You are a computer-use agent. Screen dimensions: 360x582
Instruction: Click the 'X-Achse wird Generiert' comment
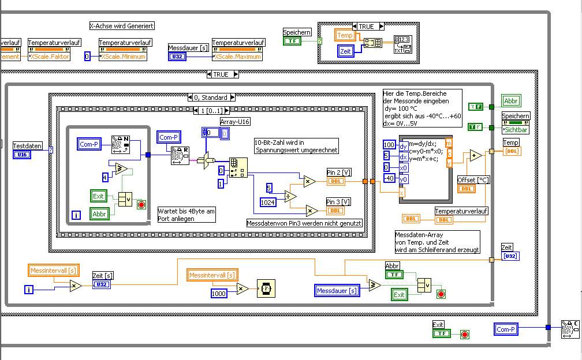pyautogui.click(x=122, y=26)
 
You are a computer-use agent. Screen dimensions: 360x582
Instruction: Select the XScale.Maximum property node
pyautogui.click(x=238, y=57)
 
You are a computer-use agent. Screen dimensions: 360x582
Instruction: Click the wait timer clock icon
pyautogui.click(x=266, y=288)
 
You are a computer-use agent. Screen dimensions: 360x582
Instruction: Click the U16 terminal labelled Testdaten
pyautogui.click(x=22, y=155)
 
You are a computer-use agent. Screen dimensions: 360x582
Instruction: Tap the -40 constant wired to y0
pyautogui.click(x=389, y=178)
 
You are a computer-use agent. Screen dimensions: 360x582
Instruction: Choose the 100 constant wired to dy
pyautogui.click(x=389, y=145)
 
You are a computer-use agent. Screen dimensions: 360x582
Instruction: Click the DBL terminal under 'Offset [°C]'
pyautogui.click(x=467, y=189)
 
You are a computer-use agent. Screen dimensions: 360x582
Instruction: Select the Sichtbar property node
pyautogui.click(x=516, y=130)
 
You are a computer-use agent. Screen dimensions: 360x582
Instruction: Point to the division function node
pyautogui.click(x=290, y=196)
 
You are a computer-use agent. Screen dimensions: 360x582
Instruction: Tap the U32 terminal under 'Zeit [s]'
pyautogui.click(x=102, y=284)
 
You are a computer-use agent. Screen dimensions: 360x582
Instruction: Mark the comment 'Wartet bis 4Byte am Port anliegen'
pyautogui.click(x=186, y=215)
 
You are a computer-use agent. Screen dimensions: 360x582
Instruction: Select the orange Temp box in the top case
pyautogui.click(x=345, y=35)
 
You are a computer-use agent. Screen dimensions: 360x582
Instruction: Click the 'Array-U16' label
pyautogui.click(x=235, y=121)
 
